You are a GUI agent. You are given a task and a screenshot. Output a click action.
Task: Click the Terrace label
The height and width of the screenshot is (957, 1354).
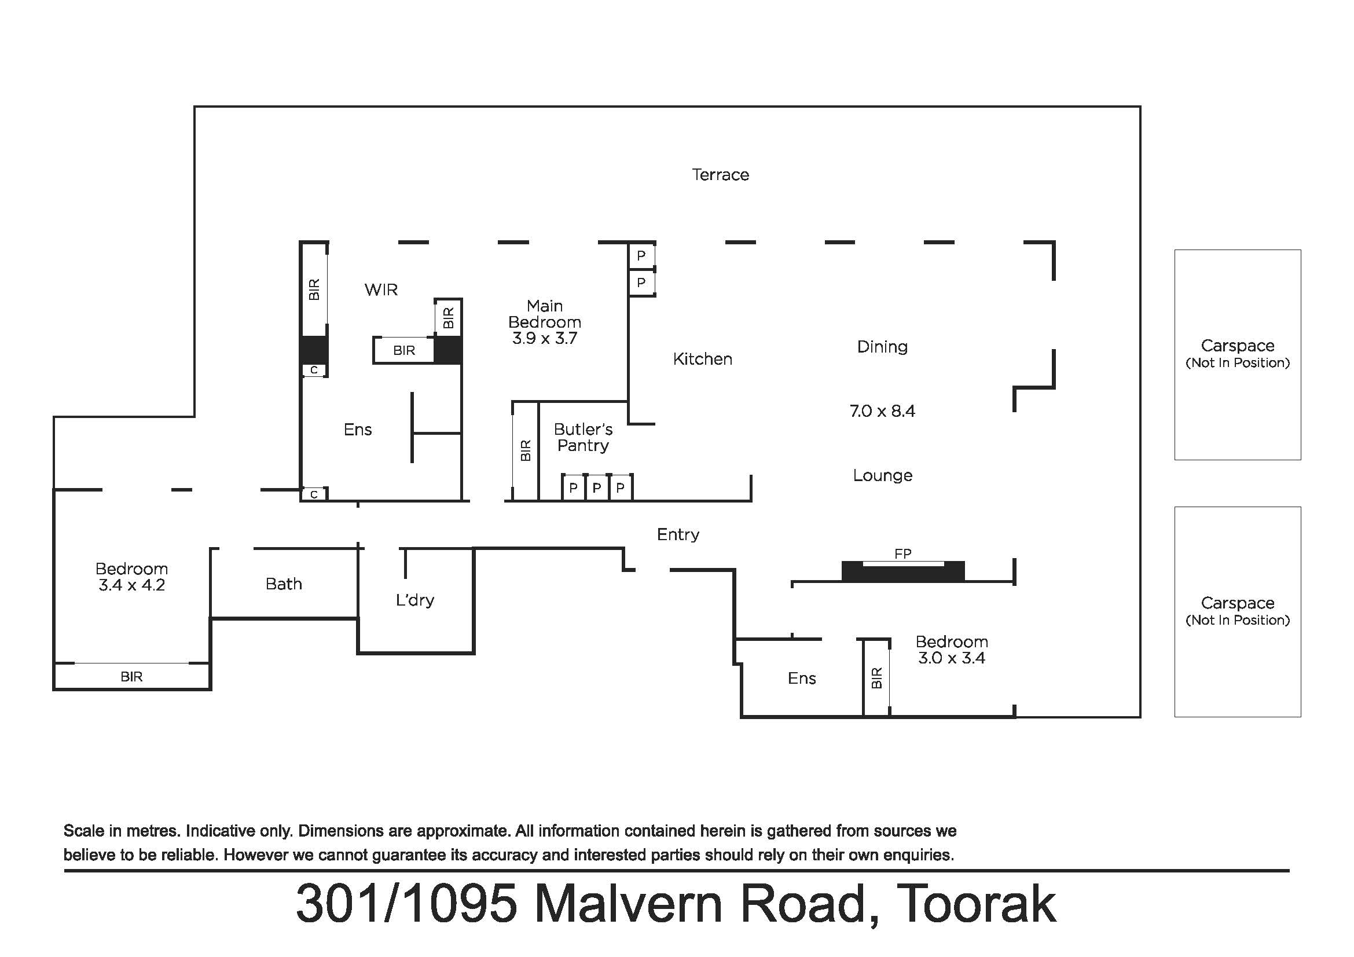pos(720,174)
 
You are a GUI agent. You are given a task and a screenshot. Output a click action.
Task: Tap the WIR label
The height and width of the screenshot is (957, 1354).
pos(381,289)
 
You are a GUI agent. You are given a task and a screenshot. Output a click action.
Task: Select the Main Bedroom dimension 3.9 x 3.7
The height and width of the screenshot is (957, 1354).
pos(544,339)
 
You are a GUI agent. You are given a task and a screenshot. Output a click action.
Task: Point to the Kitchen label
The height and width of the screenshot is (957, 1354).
pos(702,359)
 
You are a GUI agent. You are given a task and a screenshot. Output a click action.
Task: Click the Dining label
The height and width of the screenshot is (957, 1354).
pos(882,347)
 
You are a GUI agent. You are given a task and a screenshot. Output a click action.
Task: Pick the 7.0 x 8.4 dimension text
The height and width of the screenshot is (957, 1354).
pos(882,411)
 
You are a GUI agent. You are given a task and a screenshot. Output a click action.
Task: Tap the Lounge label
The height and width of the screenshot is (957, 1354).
pos(882,475)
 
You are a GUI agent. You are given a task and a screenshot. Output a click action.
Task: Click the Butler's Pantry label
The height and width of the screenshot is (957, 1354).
pos(584,437)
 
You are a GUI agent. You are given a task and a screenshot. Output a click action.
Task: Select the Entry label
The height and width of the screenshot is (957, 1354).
pos(678,534)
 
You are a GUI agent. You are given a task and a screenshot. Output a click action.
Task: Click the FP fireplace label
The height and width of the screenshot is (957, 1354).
pos(903,553)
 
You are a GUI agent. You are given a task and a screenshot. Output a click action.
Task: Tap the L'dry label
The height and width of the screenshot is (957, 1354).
pos(414,600)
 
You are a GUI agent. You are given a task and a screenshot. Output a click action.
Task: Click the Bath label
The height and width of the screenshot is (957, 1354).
pos(284,584)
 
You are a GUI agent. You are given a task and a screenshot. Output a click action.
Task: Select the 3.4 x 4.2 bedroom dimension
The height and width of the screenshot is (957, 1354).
pos(131,585)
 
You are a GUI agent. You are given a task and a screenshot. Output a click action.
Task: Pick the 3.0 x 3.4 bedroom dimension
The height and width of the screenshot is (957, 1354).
pos(951,658)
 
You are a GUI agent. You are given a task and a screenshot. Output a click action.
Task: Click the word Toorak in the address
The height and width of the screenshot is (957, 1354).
pos(975,904)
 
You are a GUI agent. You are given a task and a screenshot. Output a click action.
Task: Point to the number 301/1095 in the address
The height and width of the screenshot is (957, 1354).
pos(407,904)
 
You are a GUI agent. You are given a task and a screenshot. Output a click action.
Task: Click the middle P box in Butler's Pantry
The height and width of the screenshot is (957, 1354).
pos(597,487)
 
